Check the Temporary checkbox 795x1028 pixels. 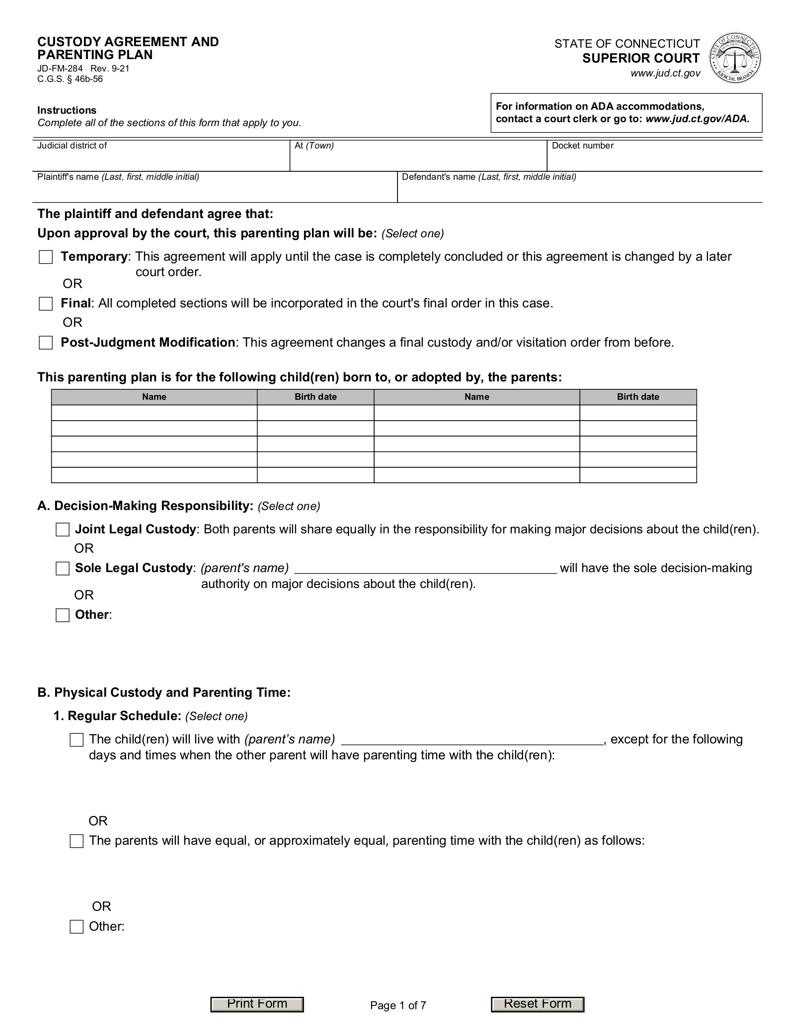[46, 257]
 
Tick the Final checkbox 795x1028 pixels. [46, 304]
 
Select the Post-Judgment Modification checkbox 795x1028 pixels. [46, 343]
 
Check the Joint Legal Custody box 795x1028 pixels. [63, 530]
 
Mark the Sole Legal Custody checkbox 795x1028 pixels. [63, 569]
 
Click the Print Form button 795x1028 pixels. [257, 1004]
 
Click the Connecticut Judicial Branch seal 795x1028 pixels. [735, 58]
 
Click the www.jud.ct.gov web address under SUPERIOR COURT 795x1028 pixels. [665, 73]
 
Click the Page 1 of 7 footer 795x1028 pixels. [398, 1006]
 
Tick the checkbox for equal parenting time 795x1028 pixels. [77, 841]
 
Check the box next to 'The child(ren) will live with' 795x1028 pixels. [77, 740]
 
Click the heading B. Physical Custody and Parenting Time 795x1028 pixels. [164, 692]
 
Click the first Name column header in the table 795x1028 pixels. [154, 397]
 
